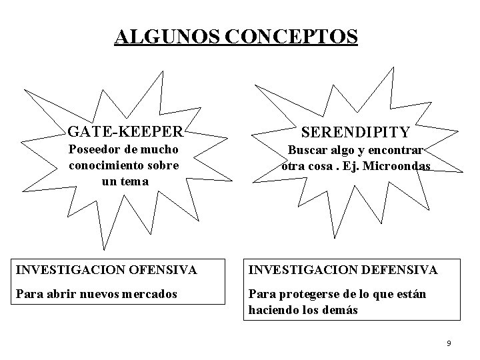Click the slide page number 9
click(449, 343)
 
